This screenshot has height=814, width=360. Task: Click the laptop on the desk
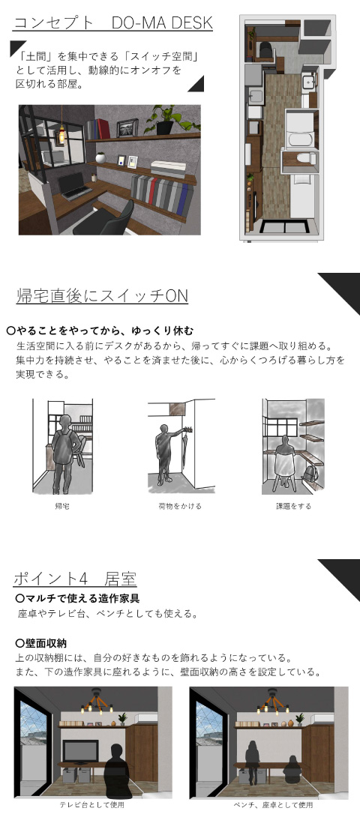coord(73,185)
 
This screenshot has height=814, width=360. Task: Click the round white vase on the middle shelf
coord(100,156)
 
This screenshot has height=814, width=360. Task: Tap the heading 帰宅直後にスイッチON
coord(102,296)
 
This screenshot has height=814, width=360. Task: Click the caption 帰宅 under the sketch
coord(61,506)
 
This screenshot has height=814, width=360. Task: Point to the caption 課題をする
coord(293,506)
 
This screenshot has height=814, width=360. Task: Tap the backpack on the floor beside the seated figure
coord(310,474)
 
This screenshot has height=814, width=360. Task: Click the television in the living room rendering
coord(80,750)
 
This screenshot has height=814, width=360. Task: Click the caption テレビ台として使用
coord(92,805)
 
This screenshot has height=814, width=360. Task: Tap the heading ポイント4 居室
coord(75,579)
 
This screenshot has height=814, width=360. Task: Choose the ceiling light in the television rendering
coord(96,700)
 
